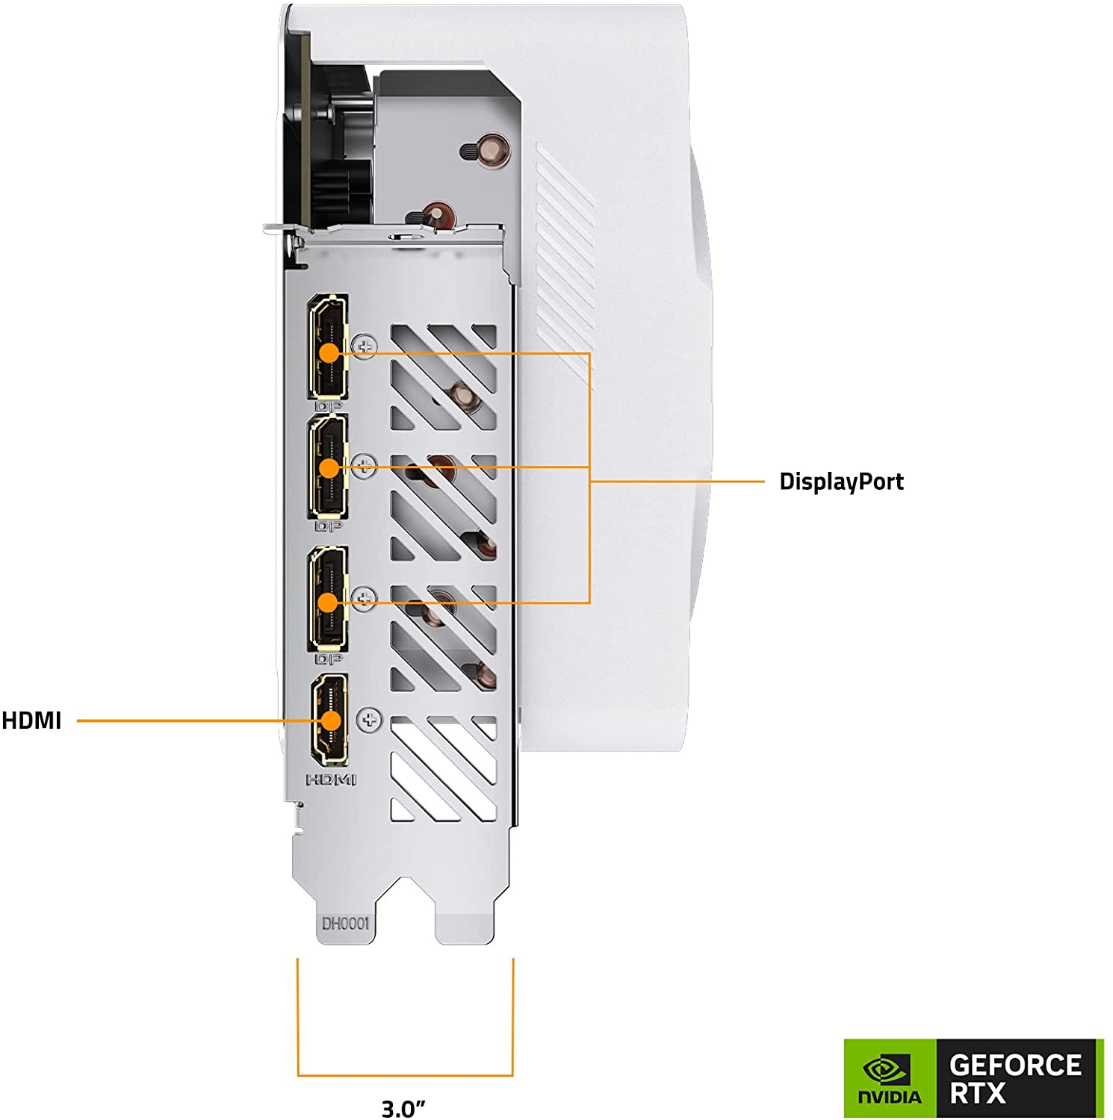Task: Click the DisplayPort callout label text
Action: [841, 482]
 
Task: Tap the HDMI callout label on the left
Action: [31, 721]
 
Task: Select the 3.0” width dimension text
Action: [403, 1108]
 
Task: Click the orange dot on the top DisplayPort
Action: [329, 352]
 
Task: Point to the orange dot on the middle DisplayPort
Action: [329, 468]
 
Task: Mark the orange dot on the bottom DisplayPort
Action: [329, 602]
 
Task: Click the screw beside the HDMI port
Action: [369, 720]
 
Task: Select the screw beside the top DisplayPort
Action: [365, 346]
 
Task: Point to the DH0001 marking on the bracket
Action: [345, 924]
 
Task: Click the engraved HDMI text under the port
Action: [331, 780]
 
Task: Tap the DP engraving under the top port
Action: [328, 406]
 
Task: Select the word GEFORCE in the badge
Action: [1015, 1065]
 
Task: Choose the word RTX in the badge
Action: [977, 1094]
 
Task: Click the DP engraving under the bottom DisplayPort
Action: [328, 659]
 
